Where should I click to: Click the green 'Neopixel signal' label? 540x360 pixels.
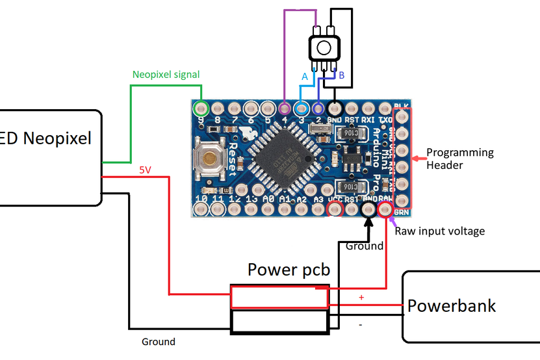166,75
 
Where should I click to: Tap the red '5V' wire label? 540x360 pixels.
145,170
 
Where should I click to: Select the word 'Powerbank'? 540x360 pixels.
452,305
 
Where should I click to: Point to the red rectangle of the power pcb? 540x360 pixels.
279,298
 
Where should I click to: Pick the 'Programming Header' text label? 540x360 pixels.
460,159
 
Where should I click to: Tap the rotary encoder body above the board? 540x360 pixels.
323,47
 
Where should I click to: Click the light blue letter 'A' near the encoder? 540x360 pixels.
304,77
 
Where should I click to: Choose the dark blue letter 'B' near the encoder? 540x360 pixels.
342,76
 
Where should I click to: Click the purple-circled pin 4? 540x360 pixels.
285,108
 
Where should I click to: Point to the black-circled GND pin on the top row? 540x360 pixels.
335,108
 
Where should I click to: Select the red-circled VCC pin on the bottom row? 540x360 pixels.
335,209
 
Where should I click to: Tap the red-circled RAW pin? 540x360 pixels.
385,209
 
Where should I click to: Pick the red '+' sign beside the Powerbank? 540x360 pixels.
361,297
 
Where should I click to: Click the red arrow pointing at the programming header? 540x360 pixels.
418,157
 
